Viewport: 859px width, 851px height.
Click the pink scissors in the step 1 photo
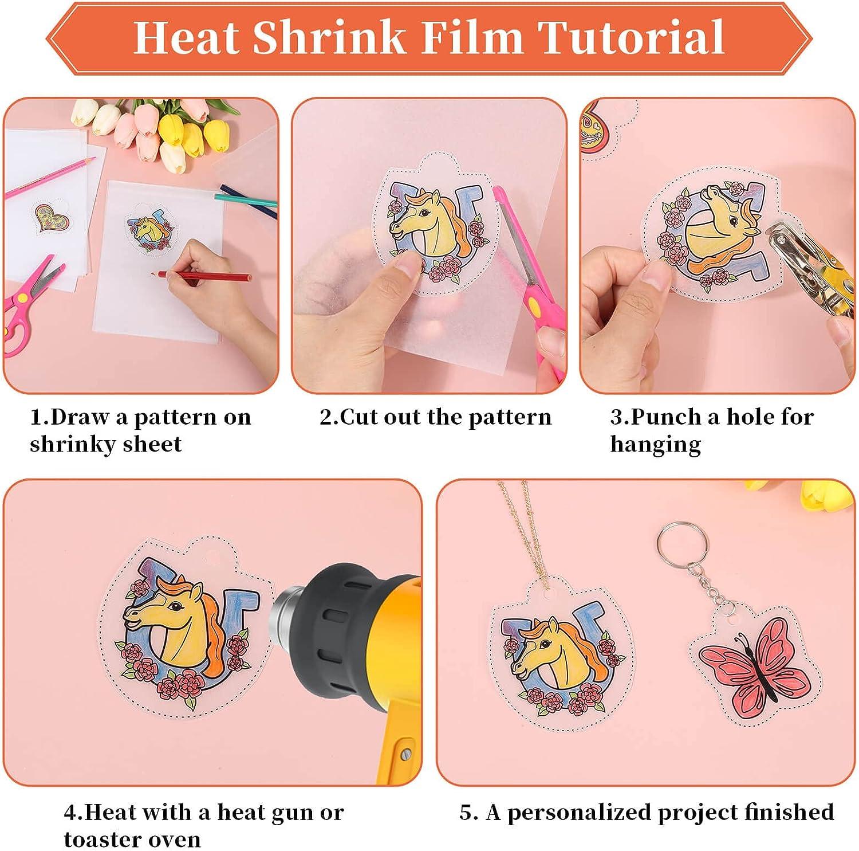(29, 304)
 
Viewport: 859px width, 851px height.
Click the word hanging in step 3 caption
(655, 444)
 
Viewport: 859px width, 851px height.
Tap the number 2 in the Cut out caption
(326, 417)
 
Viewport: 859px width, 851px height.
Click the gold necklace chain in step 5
(524, 533)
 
